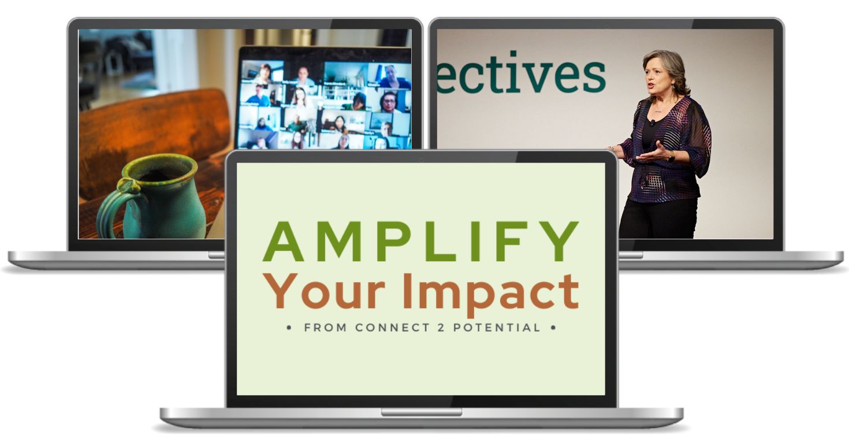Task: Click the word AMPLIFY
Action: (x=420, y=242)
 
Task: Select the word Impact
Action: (x=497, y=293)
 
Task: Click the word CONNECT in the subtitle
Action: (x=389, y=328)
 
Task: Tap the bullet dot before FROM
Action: (x=289, y=328)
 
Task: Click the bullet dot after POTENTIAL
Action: (x=553, y=328)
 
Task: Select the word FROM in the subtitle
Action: (x=326, y=328)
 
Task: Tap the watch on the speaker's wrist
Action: (x=672, y=156)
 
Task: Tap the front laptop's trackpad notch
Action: (x=421, y=412)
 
